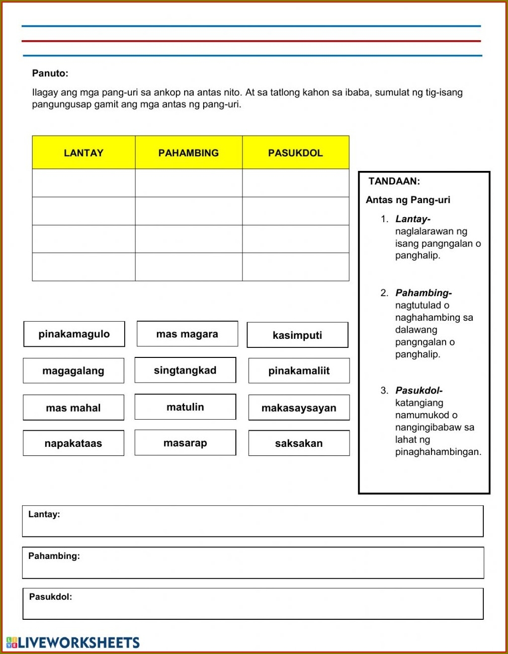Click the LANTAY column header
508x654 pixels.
[x=83, y=153]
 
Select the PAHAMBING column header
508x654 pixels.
[x=189, y=153]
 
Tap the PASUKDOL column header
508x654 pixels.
[x=295, y=153]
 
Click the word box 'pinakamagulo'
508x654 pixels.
[x=74, y=334]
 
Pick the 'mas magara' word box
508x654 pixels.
[x=187, y=334]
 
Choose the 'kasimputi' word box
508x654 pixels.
[x=297, y=335]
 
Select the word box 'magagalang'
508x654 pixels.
[x=73, y=371]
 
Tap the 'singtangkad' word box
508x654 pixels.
[x=185, y=370]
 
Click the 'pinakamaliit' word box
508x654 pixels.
[x=299, y=371]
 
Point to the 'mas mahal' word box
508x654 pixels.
[x=73, y=408]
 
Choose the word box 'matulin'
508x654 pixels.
[x=185, y=407]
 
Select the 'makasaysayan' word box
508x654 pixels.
[x=299, y=408]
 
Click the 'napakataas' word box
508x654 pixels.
[x=73, y=443]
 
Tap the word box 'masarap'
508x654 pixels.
[x=185, y=443]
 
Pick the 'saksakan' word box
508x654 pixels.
[x=299, y=443]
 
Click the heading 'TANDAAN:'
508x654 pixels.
[x=394, y=181]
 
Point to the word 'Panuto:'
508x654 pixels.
[x=50, y=73]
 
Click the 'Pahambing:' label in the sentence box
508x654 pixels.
[x=54, y=556]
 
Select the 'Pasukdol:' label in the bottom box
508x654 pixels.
[x=50, y=597]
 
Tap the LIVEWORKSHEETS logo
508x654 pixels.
[x=73, y=642]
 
